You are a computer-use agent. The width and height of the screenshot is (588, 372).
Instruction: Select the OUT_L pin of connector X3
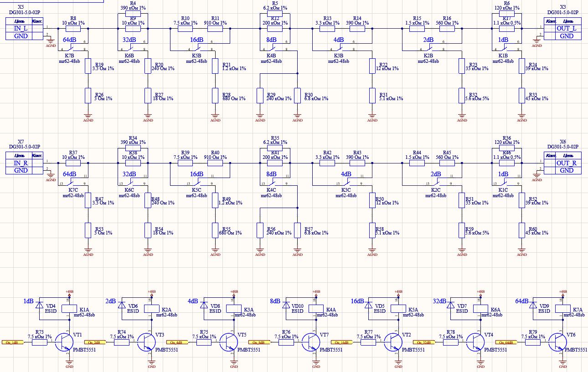[567, 28]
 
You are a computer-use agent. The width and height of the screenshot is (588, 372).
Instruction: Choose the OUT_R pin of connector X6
[567, 163]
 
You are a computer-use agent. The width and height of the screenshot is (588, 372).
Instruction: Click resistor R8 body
[73, 29]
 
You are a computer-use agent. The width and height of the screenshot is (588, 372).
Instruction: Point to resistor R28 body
[216, 96]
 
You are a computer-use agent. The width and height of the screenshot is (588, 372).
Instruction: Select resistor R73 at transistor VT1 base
[39, 342]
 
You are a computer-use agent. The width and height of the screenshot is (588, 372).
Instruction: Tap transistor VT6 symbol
[558, 342]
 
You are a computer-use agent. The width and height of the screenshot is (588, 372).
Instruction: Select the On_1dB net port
[12, 342]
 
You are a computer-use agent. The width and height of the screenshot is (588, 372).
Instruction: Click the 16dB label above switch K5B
[196, 40]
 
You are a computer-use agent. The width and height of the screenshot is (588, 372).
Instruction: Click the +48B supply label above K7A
[562, 291]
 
